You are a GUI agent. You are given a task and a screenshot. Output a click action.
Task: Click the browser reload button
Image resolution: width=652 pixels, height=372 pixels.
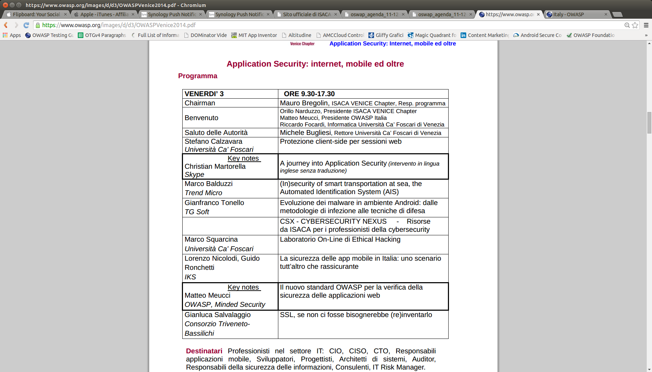click(26, 25)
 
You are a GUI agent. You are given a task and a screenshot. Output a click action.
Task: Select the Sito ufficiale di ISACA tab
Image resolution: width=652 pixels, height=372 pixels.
click(306, 14)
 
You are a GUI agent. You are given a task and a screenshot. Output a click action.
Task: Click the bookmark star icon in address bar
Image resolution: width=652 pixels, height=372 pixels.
click(635, 25)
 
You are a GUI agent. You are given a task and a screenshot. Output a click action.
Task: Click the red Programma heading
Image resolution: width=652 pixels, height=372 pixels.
click(197, 76)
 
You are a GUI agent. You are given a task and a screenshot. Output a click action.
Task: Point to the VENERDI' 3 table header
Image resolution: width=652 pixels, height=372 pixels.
click(204, 94)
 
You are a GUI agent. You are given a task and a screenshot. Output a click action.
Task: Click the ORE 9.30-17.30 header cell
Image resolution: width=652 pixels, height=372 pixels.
click(309, 94)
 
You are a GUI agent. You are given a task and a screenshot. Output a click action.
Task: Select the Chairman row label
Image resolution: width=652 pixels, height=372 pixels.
click(200, 103)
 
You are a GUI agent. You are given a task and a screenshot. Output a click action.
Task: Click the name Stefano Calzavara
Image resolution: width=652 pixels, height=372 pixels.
click(213, 141)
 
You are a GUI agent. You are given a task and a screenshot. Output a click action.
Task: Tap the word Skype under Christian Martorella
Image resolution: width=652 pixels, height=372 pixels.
click(194, 174)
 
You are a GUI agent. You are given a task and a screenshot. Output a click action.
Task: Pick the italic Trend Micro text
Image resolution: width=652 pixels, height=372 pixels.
click(203, 193)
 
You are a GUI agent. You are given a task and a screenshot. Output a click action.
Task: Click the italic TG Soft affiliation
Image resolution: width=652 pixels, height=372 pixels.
click(197, 212)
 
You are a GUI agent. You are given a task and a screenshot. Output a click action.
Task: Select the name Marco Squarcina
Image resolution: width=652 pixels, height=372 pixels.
click(211, 239)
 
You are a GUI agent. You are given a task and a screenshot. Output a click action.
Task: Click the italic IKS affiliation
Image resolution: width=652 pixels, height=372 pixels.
click(190, 277)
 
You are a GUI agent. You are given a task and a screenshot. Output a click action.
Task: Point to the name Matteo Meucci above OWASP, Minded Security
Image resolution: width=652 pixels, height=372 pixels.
click(208, 295)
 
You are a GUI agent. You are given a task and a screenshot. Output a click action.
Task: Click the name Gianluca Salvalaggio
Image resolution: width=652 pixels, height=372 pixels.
click(217, 315)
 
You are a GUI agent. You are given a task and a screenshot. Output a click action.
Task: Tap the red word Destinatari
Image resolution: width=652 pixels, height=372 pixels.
click(204, 351)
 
